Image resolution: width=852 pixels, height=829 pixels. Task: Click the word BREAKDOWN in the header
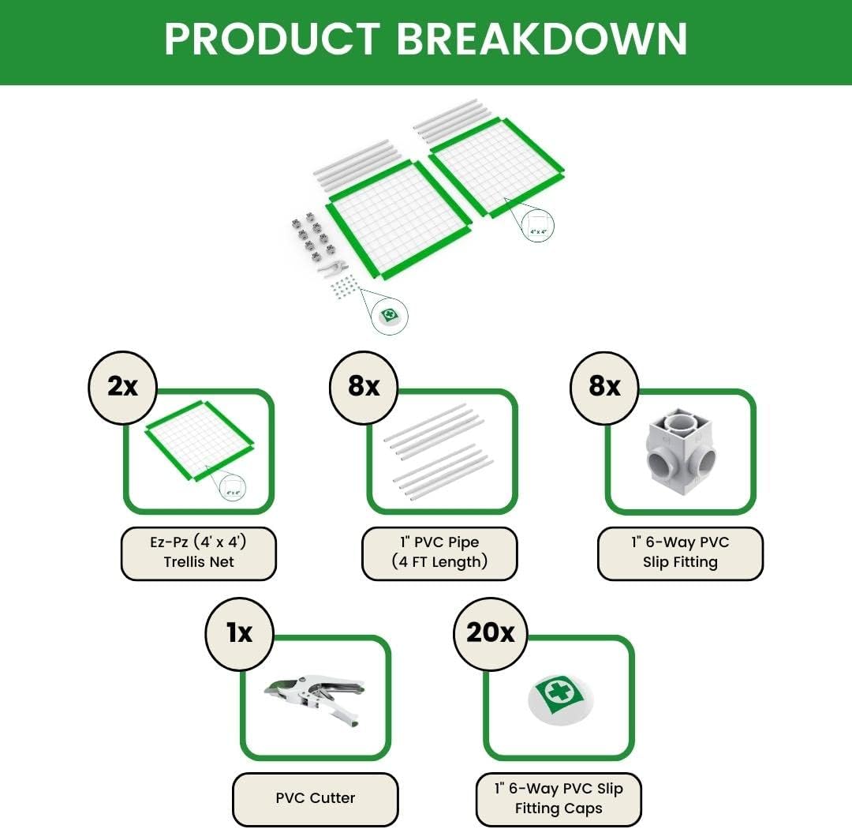541,39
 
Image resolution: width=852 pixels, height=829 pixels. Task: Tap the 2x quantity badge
122,386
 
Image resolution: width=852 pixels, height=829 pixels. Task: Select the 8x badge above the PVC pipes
364,386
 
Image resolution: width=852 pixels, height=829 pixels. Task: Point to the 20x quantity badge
490,632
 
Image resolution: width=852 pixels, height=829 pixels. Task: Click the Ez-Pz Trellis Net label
199,553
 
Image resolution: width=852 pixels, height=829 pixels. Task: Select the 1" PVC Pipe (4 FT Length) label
439,553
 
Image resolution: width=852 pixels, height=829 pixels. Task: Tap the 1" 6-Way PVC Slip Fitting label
680,553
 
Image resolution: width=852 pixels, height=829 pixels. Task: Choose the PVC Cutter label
316,798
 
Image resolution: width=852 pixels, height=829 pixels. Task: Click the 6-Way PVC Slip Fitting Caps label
559,798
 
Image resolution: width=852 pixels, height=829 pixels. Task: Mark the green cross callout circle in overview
390,315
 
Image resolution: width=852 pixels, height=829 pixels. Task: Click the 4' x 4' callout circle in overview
538,227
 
